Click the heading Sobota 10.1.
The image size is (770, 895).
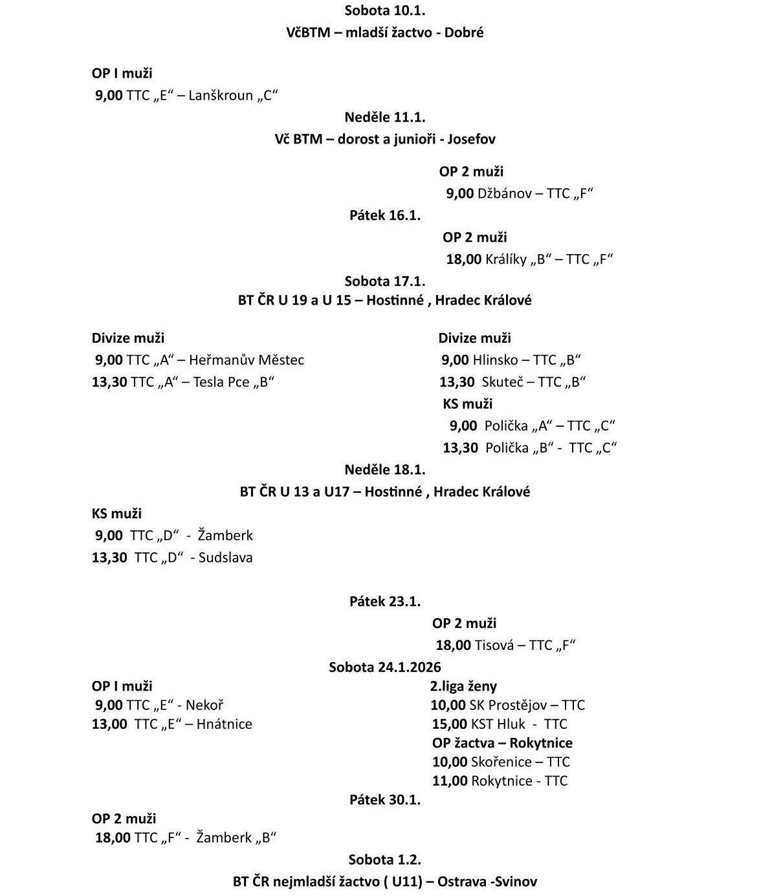click(384, 10)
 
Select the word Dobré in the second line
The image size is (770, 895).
click(466, 32)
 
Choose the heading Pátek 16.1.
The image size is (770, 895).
click(384, 215)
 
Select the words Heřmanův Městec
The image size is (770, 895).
click(247, 360)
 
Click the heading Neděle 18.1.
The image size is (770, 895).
click(384, 469)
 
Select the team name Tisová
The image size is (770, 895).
click(496, 645)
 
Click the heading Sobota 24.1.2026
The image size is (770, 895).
click(384, 667)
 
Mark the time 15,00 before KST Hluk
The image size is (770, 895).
click(449, 724)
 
